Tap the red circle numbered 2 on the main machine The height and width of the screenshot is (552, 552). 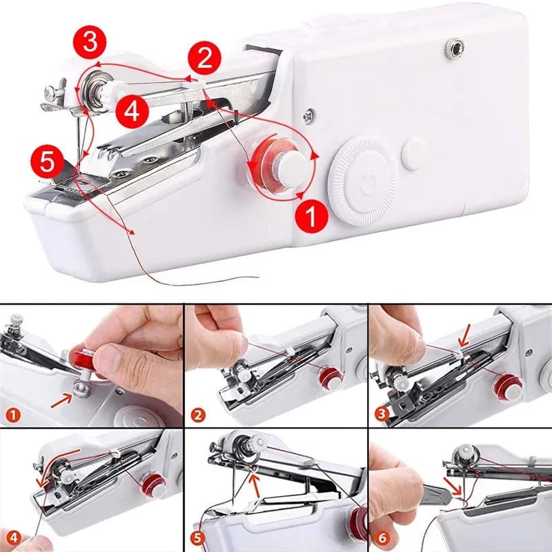[204, 58]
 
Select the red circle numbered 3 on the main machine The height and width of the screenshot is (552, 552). [90, 42]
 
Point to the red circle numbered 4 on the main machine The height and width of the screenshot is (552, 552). [132, 110]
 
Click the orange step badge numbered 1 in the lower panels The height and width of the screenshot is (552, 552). [13, 415]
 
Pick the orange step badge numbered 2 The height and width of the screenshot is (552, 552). [198, 415]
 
